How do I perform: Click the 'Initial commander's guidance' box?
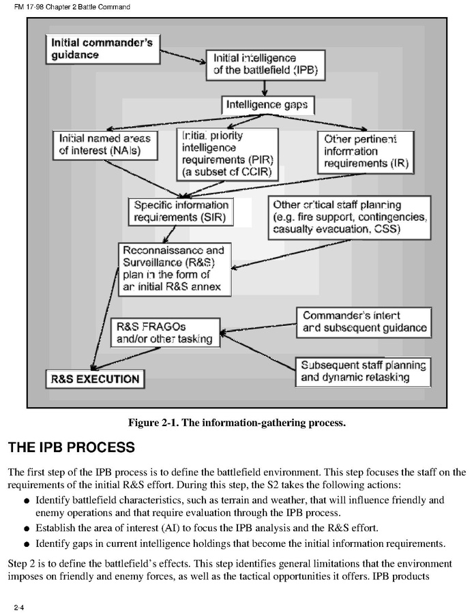[x=102, y=48]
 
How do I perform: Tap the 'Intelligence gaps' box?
[x=267, y=105]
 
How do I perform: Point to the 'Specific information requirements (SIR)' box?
[x=180, y=211]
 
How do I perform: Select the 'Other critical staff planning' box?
[x=350, y=218]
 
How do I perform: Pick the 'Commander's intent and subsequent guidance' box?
[x=364, y=322]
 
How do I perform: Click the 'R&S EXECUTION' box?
[x=93, y=379]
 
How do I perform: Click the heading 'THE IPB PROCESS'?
[x=71, y=448]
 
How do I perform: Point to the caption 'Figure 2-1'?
[x=237, y=423]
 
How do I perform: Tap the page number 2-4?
[x=14, y=605]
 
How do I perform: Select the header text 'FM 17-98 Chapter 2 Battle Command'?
[x=67, y=7]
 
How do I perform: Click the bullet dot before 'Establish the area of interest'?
[x=26, y=528]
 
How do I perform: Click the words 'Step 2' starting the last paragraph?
[x=23, y=563]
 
